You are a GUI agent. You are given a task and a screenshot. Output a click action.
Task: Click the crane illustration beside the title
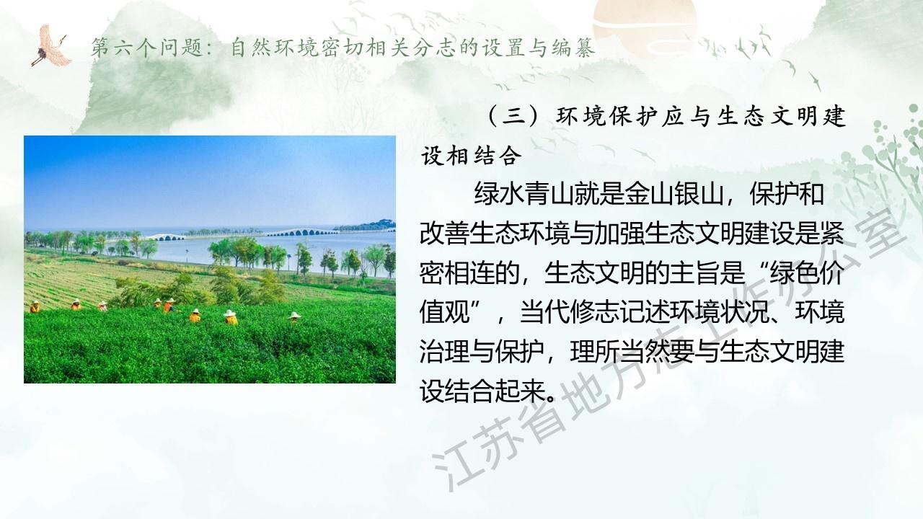click(51, 45)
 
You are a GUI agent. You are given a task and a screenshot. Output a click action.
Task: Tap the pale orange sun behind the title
click(644, 25)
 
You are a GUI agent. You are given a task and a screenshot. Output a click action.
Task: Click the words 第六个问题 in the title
click(146, 48)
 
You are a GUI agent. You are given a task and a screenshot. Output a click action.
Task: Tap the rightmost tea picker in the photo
click(294, 316)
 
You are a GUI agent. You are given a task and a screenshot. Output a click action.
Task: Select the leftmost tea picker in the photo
click(35, 307)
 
